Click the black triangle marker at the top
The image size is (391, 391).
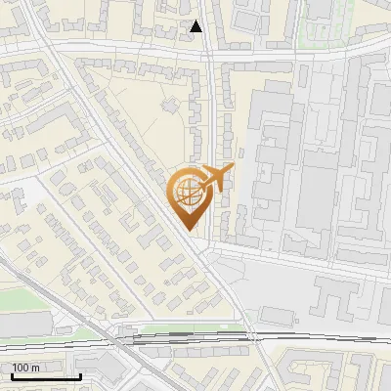tap(196, 26)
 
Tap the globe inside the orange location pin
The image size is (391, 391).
tap(186, 191)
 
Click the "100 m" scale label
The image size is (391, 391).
tap(26, 368)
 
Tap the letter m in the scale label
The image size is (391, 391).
tap(35, 368)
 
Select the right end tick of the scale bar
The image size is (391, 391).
tap(81, 374)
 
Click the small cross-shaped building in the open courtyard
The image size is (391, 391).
tap(169, 104)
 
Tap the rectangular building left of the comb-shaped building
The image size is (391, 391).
tap(277, 315)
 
